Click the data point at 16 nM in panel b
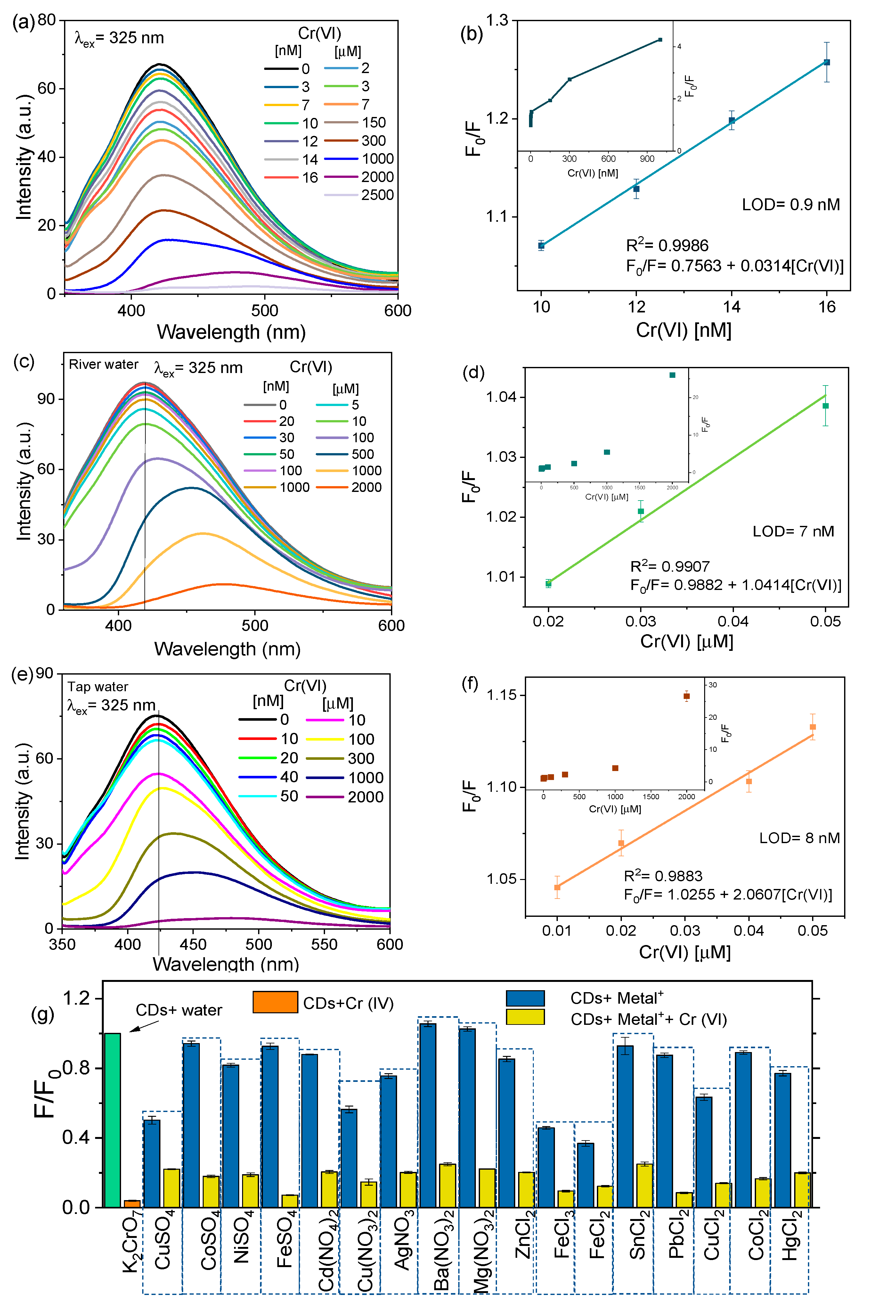tap(826, 62)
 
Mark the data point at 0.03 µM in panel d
tap(640, 511)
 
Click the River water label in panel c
tap(103, 365)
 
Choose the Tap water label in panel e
tap(98, 686)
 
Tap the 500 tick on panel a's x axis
tap(265, 310)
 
